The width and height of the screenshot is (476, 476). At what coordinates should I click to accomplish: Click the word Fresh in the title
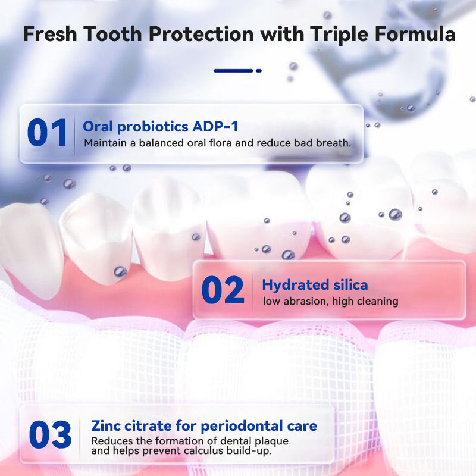click(51, 34)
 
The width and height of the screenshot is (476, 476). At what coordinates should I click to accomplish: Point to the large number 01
click(47, 133)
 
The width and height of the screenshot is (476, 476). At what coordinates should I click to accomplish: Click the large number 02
click(223, 291)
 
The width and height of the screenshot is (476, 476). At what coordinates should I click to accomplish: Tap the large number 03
click(50, 435)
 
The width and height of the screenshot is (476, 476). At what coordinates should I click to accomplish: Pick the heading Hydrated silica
click(315, 285)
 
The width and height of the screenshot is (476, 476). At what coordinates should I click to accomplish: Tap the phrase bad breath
click(325, 143)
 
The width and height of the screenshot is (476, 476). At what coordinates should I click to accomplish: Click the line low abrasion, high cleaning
click(330, 302)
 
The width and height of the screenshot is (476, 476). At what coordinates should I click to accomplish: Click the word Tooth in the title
click(113, 34)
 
